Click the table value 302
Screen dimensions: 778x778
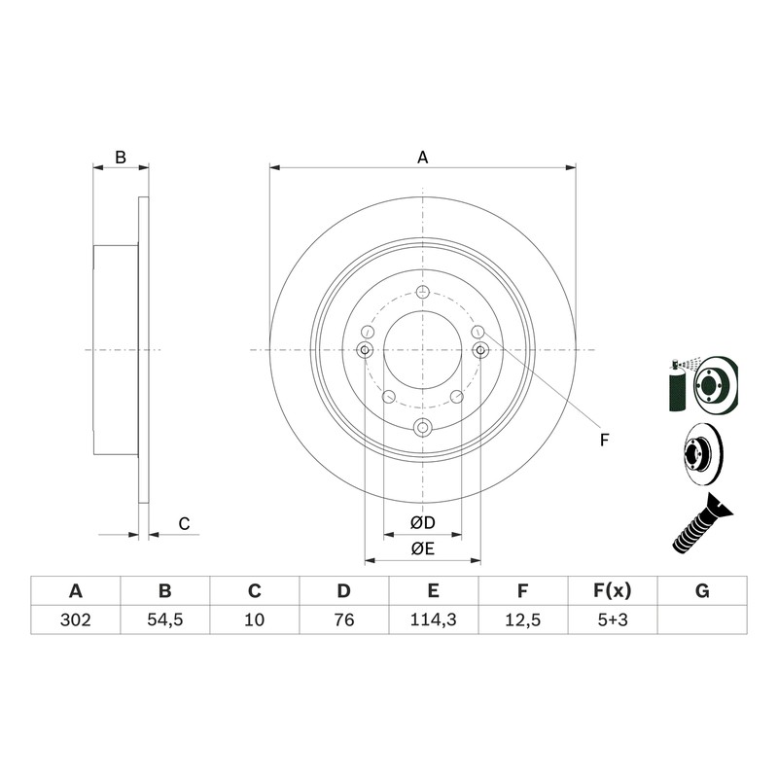[x=76, y=619]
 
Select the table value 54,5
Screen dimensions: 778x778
[x=165, y=619]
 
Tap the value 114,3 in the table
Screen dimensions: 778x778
[x=433, y=619]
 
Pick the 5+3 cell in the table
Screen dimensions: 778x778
[x=613, y=619]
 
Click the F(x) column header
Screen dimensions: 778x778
[x=613, y=591]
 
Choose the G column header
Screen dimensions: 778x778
[x=702, y=591]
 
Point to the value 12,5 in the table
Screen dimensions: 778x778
[x=523, y=619]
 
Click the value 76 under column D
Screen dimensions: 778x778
[x=344, y=619]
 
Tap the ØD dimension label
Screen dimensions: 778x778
[x=423, y=522]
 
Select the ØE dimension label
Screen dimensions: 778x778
[x=423, y=548]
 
